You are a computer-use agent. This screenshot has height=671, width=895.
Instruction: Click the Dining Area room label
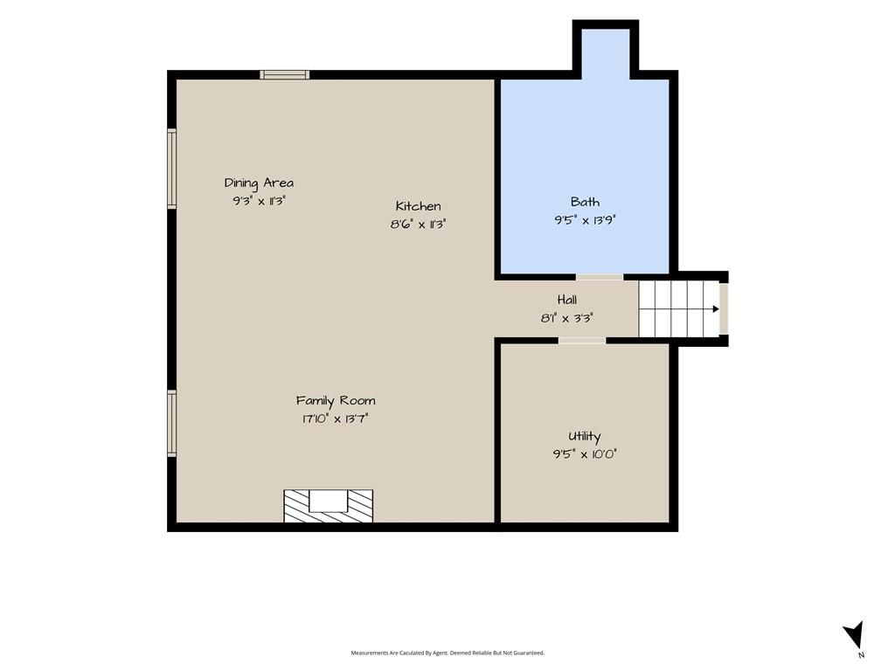point(259,183)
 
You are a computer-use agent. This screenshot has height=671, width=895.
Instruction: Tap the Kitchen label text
point(419,206)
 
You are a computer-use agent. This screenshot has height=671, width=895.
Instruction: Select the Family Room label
point(336,400)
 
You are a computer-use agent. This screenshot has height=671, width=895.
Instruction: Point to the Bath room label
point(585,202)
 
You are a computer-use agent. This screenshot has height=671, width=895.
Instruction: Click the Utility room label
point(585,437)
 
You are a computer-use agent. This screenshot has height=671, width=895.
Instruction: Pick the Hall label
point(566,300)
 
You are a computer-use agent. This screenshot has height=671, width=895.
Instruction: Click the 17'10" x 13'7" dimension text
point(336,419)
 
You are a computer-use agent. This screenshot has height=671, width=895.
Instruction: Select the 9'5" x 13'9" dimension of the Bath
point(585,219)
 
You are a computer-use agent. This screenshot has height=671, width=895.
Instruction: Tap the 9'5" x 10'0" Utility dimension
point(585,454)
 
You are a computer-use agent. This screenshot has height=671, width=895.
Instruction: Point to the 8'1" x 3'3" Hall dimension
point(566,318)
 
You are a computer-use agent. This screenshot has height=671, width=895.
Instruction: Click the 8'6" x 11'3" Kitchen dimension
point(418,225)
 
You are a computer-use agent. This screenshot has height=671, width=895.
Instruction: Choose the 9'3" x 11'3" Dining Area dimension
point(259,201)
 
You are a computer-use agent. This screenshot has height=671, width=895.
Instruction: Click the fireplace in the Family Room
point(329,506)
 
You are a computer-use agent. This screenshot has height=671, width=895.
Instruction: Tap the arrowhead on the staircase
point(716,309)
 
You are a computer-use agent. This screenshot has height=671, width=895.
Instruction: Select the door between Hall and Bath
point(600,277)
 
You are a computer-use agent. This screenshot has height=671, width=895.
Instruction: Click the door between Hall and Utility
point(582,341)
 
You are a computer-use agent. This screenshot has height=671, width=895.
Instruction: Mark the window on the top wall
point(285,75)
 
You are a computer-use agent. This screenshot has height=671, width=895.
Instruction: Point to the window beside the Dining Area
point(172,169)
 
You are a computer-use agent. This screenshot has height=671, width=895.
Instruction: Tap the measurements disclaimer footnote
point(447,653)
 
